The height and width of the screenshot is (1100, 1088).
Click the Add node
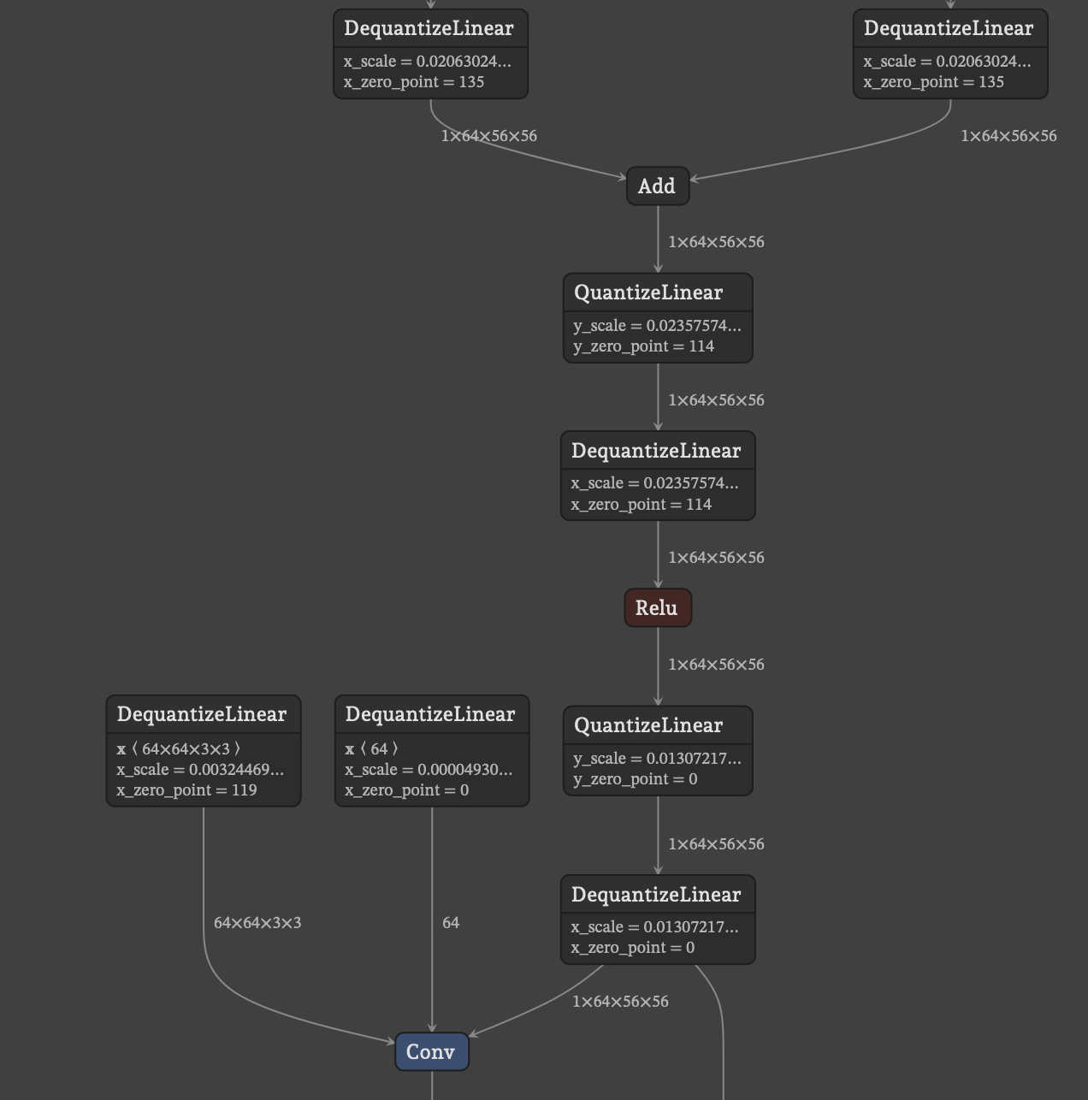tap(657, 186)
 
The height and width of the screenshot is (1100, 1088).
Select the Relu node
tap(657, 608)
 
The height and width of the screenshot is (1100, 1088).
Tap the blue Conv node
tap(431, 1052)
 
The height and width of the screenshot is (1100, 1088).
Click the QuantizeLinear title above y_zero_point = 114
tap(648, 293)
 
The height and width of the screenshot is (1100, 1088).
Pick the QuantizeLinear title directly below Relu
tap(648, 725)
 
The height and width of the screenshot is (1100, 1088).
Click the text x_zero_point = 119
tap(186, 790)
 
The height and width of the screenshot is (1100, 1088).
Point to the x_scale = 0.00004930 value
tap(429, 770)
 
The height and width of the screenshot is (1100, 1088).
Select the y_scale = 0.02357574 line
tap(657, 326)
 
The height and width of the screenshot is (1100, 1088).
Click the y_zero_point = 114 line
tap(643, 346)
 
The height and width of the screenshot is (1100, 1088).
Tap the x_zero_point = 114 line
tap(641, 505)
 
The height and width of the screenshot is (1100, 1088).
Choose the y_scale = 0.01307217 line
tap(657, 759)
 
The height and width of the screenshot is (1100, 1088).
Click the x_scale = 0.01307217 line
tap(654, 927)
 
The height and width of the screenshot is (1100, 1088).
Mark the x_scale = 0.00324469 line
tap(200, 770)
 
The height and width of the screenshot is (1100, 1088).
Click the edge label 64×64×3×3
tap(257, 923)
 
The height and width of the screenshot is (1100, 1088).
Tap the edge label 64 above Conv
tap(451, 923)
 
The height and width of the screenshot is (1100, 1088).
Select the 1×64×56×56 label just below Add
tap(716, 242)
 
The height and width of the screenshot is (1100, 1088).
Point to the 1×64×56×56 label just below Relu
tap(716, 665)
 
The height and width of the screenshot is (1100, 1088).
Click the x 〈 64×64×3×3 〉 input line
tap(179, 749)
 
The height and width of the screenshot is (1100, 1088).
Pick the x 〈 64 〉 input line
tap(372, 749)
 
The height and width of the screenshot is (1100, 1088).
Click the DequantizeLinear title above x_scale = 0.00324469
tap(202, 714)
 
